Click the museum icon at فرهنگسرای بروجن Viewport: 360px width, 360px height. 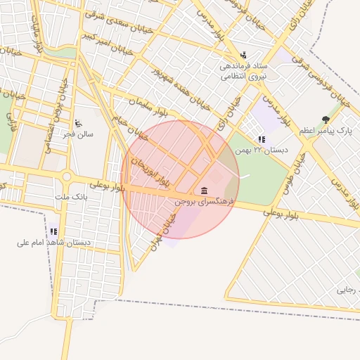coord(204,191)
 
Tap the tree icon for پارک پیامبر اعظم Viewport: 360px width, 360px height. coord(325,120)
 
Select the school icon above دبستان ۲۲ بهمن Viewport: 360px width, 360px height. coord(262,139)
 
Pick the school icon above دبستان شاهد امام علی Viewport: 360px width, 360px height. coord(53,231)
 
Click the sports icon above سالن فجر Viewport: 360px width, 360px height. coord(78,122)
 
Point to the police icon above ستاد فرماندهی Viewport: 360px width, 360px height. coord(243,54)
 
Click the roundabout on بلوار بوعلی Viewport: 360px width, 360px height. coord(67,176)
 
